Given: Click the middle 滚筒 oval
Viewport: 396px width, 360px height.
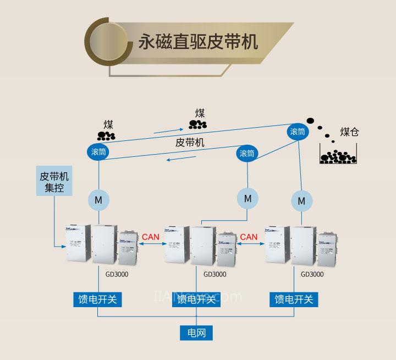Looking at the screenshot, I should [x=247, y=153].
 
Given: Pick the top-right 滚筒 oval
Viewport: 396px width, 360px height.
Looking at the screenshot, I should [x=298, y=132].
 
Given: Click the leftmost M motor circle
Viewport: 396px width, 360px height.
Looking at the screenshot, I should [x=98, y=199].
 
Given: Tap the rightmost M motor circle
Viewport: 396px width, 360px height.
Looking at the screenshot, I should [x=301, y=201].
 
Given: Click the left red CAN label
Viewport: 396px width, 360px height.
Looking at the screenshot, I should [x=151, y=237].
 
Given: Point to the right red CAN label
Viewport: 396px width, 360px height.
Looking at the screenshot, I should [x=249, y=237].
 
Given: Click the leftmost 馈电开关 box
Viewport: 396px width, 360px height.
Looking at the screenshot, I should [x=98, y=299].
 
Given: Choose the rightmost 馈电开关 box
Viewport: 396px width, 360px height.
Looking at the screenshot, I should [x=294, y=299].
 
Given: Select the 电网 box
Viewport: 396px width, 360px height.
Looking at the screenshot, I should [x=196, y=332].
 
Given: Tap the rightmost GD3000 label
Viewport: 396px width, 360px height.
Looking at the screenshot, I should [x=312, y=273].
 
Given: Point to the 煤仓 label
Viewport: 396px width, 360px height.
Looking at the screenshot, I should [x=349, y=132].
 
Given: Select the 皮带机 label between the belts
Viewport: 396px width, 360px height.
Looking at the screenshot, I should [x=190, y=142].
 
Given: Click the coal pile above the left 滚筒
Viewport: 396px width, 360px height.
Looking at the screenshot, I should [x=106, y=135].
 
